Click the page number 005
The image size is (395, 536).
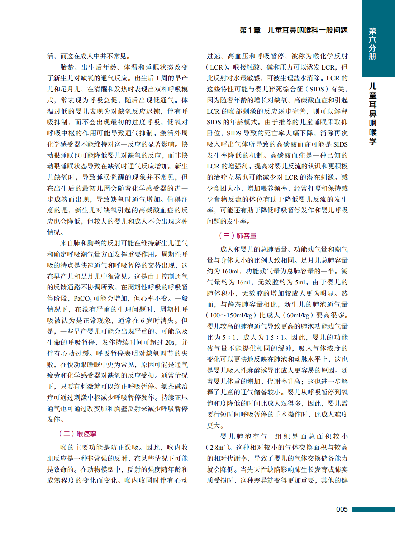pyautogui.click(x=342, y=509)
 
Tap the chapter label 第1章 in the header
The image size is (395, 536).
pyautogui.click(x=250, y=30)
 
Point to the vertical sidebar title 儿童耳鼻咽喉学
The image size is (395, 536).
pyautogui.click(x=373, y=114)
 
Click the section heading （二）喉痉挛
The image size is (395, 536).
pyautogui.click(x=78, y=434)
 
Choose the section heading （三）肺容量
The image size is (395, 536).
pyautogui.click(x=238, y=235)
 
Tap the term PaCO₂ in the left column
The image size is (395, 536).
pyautogui.click(x=82, y=298)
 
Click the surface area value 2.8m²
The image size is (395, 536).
pyautogui.click(x=218, y=448)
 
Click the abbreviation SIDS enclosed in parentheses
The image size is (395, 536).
pyautogui.click(x=317, y=89)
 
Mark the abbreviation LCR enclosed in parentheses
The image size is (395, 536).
pyautogui.click(x=216, y=67)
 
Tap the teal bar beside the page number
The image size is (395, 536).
pyautogui.click(x=373, y=509)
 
